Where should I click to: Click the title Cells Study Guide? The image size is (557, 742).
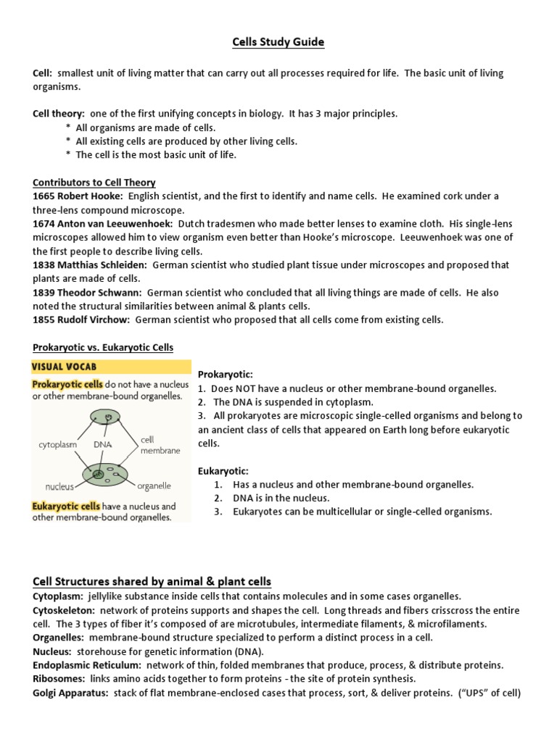(278, 43)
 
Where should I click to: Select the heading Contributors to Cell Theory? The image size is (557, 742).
(94, 183)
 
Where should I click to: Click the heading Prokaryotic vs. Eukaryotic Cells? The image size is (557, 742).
(103, 347)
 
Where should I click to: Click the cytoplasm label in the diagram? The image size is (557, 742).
(57, 445)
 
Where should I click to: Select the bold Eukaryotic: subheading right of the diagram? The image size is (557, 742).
(223, 470)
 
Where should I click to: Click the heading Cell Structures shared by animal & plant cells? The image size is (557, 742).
(152, 581)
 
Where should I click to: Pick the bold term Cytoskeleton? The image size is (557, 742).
(62, 609)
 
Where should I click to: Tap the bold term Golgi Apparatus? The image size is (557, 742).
(70, 692)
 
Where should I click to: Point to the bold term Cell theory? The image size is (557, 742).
(59, 114)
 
